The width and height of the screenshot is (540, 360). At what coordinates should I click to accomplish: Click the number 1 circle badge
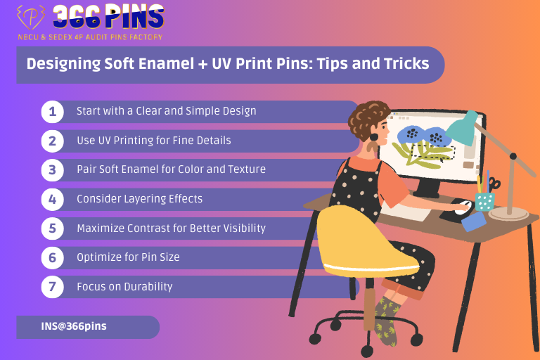point(52,111)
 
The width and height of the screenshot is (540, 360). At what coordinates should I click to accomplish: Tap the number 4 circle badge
point(52,199)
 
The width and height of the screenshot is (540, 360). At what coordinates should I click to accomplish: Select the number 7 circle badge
point(52,287)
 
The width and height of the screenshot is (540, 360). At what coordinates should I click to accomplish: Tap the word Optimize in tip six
point(99,257)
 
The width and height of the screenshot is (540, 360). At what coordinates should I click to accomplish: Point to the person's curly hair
point(369,116)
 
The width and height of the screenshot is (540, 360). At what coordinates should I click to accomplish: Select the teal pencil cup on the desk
point(484,202)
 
